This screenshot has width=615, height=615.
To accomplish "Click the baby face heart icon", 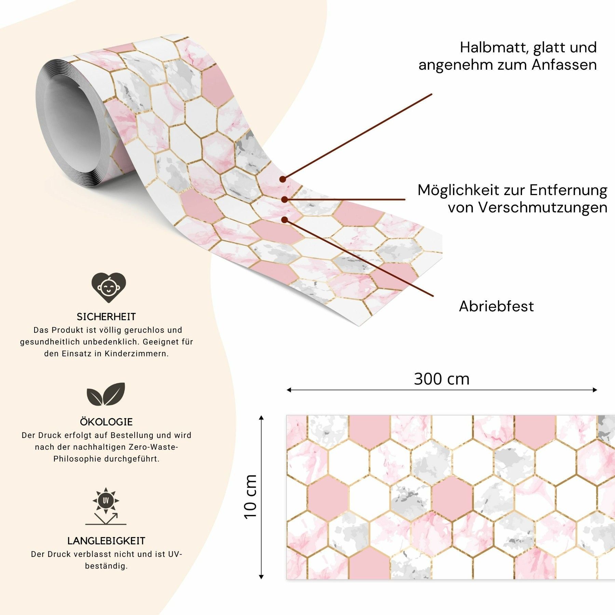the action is point(109,287).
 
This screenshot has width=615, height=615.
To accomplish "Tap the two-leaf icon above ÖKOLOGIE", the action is point(106,394).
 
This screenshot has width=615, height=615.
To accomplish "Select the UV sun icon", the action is point(106,506).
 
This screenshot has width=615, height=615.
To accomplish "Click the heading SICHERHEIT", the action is point(106,317).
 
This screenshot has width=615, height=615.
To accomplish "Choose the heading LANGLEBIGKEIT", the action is point(106,541).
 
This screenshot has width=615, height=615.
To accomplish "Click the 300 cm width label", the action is point(442,379).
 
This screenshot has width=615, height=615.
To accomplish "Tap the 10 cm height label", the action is point(250,497).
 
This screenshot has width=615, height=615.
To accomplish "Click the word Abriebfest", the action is point(496,306).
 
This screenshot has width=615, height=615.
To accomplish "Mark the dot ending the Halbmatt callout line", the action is point(283,179).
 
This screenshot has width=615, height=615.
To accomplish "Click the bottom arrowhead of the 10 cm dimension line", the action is point(261,577).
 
